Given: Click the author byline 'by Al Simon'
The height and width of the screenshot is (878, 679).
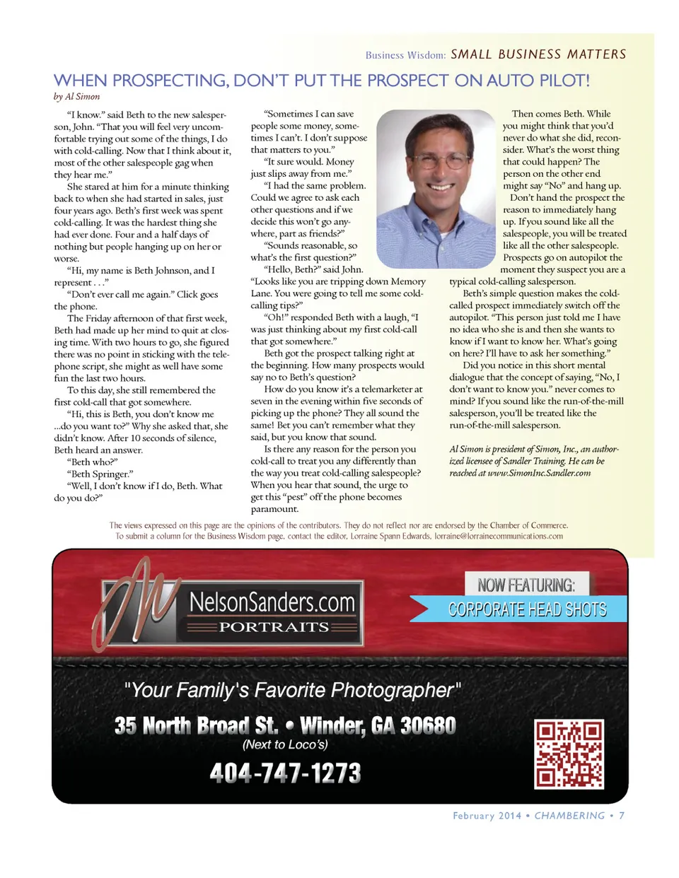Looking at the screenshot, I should coord(76,97).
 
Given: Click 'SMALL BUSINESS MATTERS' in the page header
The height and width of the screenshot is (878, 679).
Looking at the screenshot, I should coord(538,54).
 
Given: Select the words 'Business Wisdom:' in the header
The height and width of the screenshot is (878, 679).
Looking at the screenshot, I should coord(405,55).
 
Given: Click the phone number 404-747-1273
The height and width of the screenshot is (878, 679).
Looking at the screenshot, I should coord(285,773).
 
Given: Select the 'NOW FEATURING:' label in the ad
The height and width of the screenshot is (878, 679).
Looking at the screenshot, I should coord(526,585).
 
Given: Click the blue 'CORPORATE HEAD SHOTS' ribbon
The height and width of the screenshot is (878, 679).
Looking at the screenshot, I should coord(527,609).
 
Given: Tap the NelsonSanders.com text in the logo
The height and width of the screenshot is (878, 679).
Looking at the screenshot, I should coord(272,602).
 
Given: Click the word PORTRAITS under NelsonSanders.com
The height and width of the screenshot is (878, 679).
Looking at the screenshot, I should coord(274,627).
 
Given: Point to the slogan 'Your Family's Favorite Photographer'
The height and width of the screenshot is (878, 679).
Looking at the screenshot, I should coord(292,690).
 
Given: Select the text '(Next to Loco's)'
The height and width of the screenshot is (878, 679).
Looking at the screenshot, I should coord(285,744).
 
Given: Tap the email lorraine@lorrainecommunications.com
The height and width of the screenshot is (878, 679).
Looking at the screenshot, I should coord(499,536).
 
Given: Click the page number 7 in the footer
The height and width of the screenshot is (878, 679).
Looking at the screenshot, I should coord(621,816).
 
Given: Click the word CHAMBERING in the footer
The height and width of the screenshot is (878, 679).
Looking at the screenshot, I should coord(569,816).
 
